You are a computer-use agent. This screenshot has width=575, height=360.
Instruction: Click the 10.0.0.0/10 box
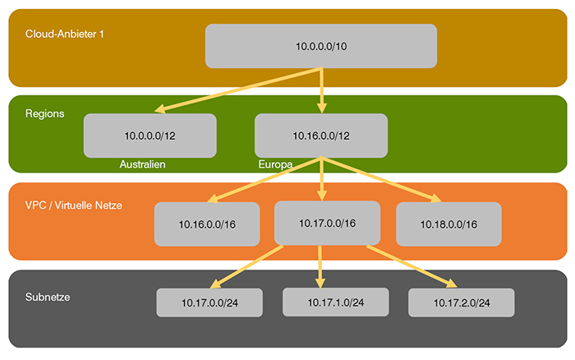[320, 46]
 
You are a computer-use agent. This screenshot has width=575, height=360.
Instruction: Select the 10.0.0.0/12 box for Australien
[149, 135]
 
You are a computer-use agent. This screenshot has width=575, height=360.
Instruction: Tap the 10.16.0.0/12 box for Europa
[320, 135]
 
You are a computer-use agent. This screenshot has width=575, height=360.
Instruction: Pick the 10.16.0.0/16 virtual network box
[207, 224]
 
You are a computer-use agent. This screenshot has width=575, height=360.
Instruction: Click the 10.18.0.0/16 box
[448, 224]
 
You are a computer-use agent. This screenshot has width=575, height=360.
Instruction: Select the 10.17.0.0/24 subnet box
[211, 302]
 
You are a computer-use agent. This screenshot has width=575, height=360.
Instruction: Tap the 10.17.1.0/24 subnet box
[335, 302]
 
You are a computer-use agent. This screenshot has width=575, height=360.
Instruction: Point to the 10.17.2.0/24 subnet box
[461, 303]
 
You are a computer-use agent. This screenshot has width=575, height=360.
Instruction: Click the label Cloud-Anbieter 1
[65, 35]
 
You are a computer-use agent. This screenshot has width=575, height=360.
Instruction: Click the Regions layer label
[45, 113]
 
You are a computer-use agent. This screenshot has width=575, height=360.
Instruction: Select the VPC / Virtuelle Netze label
[74, 205]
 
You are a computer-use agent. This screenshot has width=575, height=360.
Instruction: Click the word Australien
[143, 164]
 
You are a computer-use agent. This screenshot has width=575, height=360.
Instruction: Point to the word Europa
[274, 164]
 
